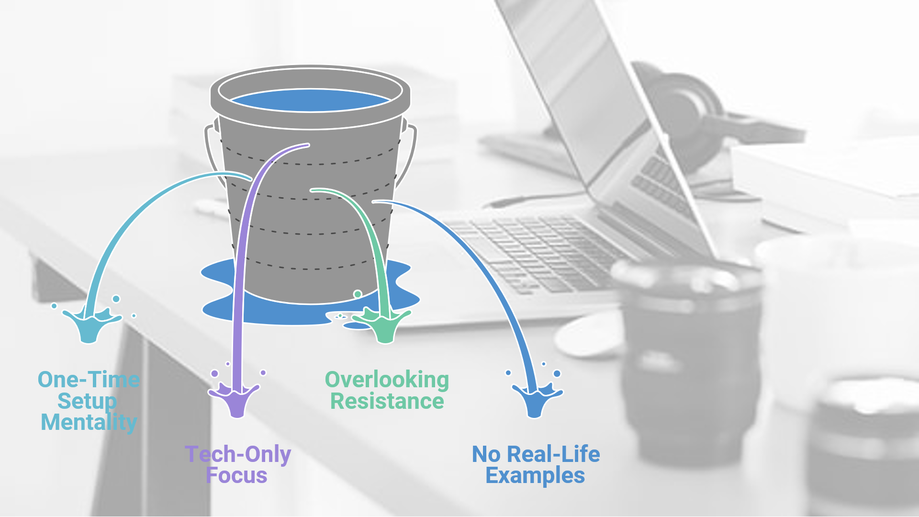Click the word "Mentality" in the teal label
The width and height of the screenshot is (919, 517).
tap(89, 422)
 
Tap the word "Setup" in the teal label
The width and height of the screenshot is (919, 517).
tap(87, 401)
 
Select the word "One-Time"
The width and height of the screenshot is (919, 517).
tap(89, 380)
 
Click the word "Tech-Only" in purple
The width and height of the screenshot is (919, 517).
tap(238, 454)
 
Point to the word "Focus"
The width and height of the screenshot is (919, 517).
tap(236, 475)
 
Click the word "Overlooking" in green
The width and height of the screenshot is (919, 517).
tap(387, 380)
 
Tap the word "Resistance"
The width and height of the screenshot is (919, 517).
tap(387, 401)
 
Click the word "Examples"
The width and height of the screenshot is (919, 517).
tap(535, 475)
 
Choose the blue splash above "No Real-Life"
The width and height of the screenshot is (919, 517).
tap(536, 400)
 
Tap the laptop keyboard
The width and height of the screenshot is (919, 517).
tap(541, 249)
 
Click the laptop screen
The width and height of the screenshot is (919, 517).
tap(598, 96)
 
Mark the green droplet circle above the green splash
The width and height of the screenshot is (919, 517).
tap(358, 294)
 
